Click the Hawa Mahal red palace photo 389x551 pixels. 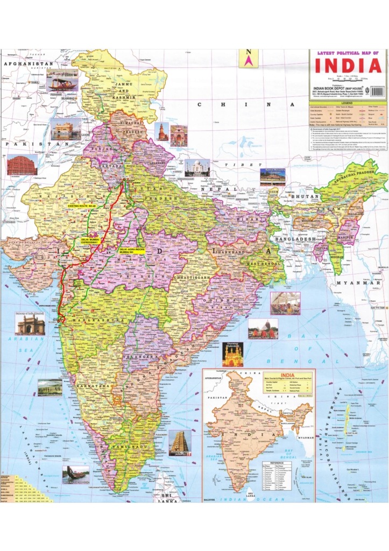click(22, 165)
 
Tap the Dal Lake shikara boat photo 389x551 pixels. click(62, 82)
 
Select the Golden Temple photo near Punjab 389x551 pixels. click(66, 129)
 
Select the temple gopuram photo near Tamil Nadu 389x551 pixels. click(180, 443)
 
